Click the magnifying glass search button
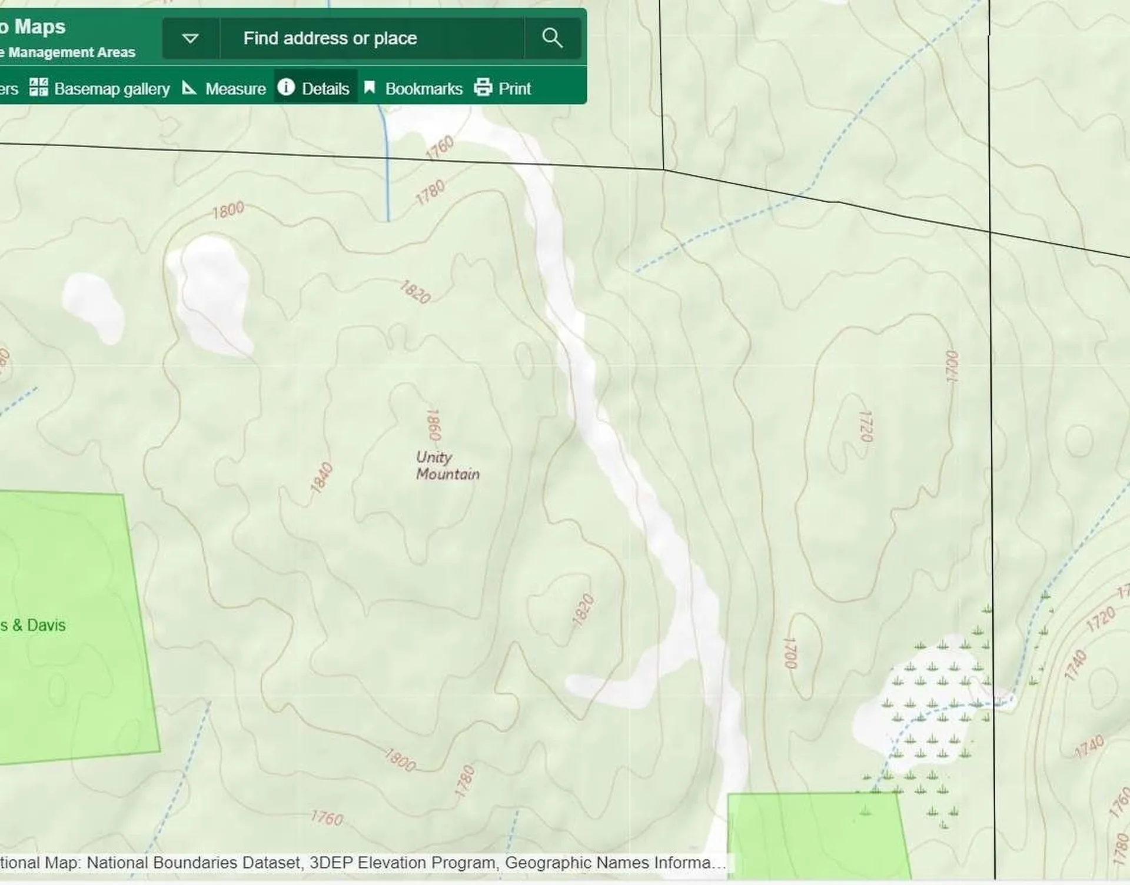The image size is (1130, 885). (x=552, y=38)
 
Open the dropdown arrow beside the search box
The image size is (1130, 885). (x=190, y=38)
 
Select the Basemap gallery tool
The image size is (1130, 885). (x=99, y=88)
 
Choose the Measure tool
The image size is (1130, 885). (x=224, y=88)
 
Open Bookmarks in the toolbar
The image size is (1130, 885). (x=413, y=88)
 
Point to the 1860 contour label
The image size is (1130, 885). (x=434, y=425)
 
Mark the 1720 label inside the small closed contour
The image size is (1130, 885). (x=866, y=426)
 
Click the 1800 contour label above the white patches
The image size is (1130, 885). (x=228, y=209)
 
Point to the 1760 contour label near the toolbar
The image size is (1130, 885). (x=440, y=148)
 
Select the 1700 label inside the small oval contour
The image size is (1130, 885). (x=790, y=653)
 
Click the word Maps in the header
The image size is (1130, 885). (x=39, y=26)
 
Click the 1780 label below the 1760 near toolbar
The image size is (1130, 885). (x=430, y=192)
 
